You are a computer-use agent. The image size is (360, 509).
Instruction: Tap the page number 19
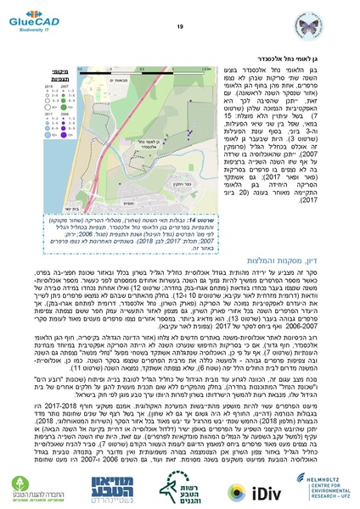point(179,27)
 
